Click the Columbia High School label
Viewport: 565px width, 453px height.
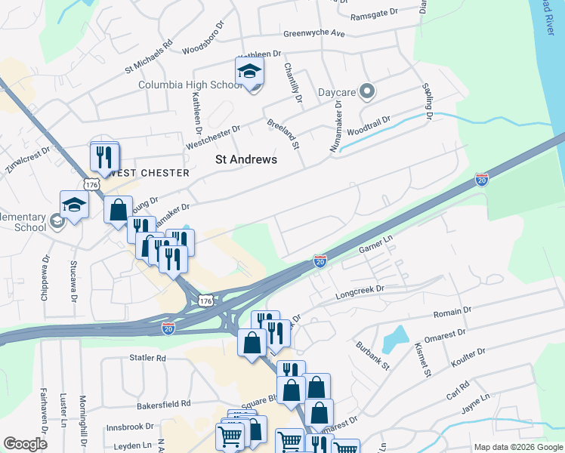coord(190,85)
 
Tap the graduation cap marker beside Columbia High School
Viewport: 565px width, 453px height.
coord(249,72)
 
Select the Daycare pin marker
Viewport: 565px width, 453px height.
coord(367,91)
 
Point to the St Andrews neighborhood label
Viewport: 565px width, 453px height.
coord(246,159)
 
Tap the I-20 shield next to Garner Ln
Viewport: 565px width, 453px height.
coord(320,261)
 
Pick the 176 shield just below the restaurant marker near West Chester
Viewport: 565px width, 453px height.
coord(92,184)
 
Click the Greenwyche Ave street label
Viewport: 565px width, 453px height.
coord(313,33)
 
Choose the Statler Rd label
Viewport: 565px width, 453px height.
coord(147,357)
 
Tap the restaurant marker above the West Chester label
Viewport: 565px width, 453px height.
coord(104,156)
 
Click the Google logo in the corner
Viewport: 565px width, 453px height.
coord(25,444)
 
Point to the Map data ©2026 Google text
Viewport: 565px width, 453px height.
coord(518,447)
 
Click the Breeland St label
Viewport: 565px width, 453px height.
coord(283,133)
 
